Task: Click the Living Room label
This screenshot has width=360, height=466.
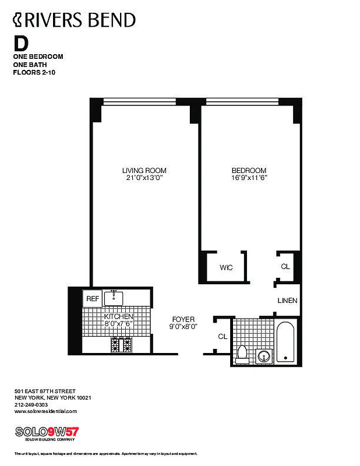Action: (144, 171)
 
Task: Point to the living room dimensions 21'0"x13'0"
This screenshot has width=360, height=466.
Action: (144, 178)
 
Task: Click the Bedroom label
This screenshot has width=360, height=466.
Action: (249, 171)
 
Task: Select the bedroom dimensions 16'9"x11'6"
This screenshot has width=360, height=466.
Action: (249, 178)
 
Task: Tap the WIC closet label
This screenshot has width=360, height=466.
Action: (226, 267)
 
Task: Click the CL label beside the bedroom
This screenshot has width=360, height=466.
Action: (285, 266)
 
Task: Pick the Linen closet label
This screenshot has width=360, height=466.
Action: (287, 301)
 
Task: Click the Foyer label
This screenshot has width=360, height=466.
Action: (183, 319)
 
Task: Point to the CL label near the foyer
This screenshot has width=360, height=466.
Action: (222, 336)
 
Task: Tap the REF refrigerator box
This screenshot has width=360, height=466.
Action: (92, 298)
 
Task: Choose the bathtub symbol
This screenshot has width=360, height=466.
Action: (285, 342)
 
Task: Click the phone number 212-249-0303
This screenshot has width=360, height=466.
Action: (31, 404)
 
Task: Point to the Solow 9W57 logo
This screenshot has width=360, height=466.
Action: (47, 432)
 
